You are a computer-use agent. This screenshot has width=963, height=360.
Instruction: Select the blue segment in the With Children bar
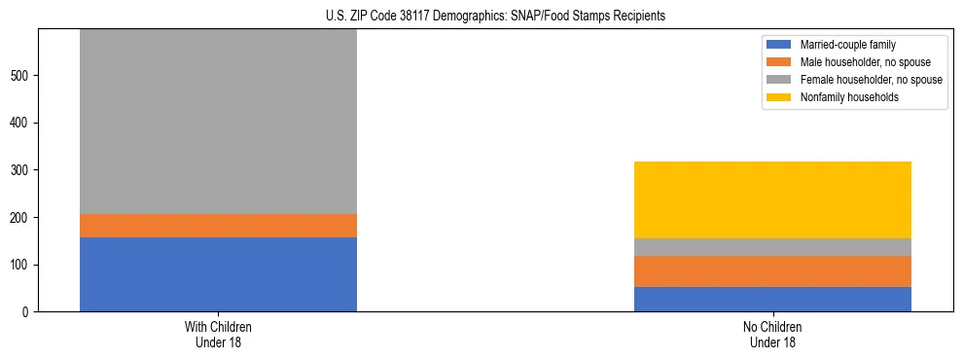tap(218, 274)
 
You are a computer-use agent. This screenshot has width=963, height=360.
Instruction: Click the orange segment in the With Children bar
tap(218, 226)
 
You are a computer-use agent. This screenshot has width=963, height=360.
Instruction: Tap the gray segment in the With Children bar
tap(218, 122)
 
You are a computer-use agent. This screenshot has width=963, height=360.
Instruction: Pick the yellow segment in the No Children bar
tap(772, 199)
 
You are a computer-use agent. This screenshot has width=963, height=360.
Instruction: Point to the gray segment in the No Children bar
tap(772, 247)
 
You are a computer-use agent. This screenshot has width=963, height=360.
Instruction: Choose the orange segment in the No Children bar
tap(772, 271)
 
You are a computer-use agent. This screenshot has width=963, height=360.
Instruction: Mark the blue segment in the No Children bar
tap(772, 300)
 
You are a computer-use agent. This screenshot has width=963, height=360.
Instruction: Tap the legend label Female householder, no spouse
tap(871, 80)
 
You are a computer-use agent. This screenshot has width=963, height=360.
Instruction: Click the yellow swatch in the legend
tap(779, 97)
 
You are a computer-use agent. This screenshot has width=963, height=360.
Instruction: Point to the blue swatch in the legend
tap(779, 45)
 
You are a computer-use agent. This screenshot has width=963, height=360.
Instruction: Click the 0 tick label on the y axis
tap(28, 312)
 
